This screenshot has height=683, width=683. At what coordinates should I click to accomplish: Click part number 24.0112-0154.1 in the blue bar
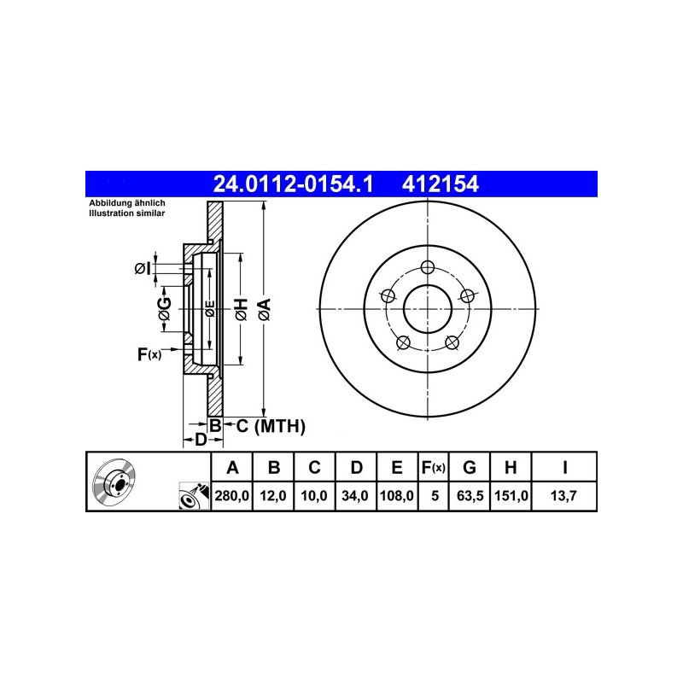293,184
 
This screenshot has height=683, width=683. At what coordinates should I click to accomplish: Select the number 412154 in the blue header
441,184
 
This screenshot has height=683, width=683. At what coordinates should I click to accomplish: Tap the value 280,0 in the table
231,496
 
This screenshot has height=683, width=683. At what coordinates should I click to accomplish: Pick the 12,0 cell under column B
273,496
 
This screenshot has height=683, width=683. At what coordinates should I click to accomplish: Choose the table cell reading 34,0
355,496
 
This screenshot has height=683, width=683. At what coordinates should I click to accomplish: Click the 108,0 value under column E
397,496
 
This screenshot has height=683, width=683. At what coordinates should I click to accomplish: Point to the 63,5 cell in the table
470,496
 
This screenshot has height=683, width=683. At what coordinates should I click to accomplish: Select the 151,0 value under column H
511,496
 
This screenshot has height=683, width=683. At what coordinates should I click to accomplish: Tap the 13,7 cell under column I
563,496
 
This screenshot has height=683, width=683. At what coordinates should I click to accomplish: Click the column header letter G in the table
469,467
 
